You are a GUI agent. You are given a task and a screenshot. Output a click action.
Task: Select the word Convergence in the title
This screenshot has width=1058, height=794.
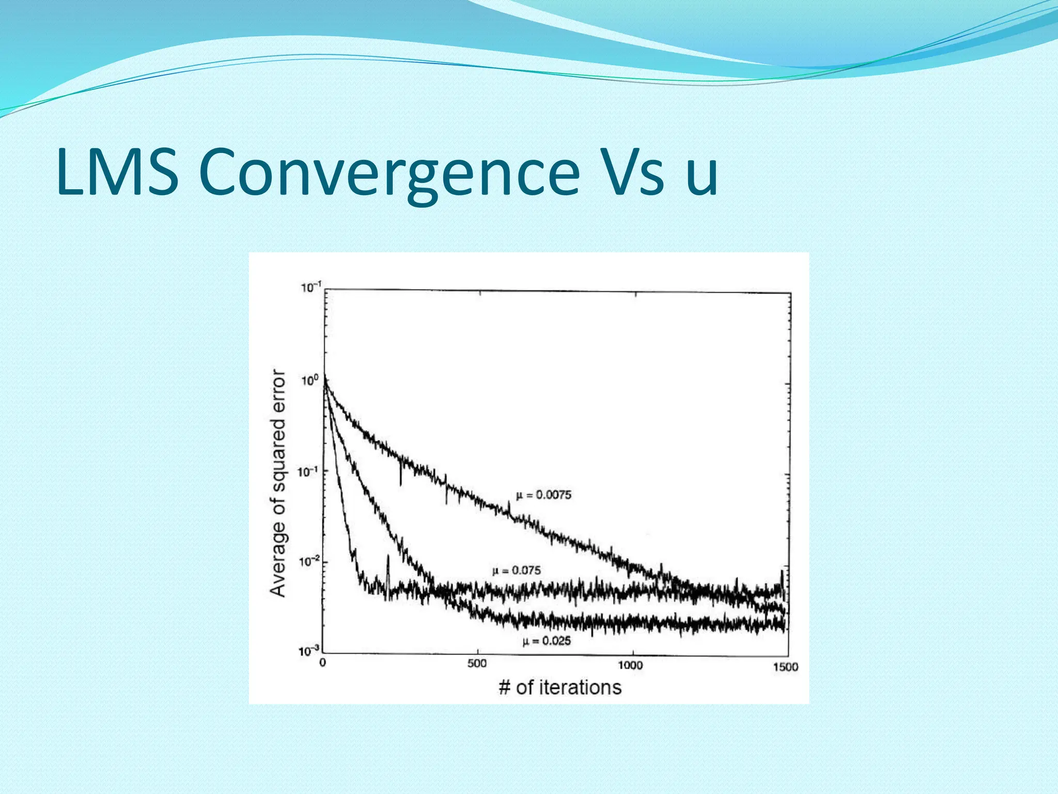coord(388,172)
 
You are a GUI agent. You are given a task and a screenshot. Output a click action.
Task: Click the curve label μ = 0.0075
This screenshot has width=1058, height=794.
coord(544,495)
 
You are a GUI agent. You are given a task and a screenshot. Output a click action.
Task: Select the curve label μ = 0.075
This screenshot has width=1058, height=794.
coord(517,571)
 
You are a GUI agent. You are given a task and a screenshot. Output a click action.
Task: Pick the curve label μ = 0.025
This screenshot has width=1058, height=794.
coord(547,642)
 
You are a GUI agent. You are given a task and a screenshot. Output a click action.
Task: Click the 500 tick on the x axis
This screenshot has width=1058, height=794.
coord(477,664)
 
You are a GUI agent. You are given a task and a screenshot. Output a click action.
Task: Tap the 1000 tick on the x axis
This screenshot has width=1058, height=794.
coord(630,665)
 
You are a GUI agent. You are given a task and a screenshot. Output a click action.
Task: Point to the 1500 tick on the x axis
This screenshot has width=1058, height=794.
coord(785,667)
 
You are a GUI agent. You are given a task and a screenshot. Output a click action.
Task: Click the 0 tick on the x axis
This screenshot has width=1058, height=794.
coord(323,663)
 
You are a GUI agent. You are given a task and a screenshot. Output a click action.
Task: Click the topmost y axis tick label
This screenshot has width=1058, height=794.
coord(311,287)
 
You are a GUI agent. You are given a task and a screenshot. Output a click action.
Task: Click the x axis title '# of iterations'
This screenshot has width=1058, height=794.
coord(560,688)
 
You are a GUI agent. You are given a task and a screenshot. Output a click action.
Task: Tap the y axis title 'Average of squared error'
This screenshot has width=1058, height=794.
coord(278,483)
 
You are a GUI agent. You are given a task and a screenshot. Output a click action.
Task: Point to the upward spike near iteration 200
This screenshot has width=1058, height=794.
coord(388,563)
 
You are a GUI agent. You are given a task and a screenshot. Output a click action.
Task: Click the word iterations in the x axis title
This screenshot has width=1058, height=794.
coord(580,688)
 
